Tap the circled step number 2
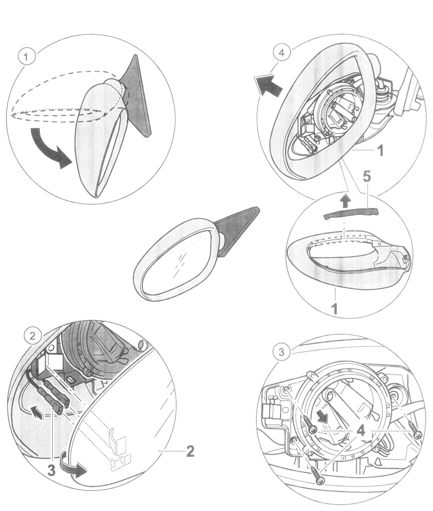tap(32, 336)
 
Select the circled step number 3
tap(281, 352)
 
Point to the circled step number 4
tap(281, 53)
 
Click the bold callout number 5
tap(366, 177)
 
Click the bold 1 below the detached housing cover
tap(335, 309)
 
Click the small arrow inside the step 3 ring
tap(322, 417)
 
